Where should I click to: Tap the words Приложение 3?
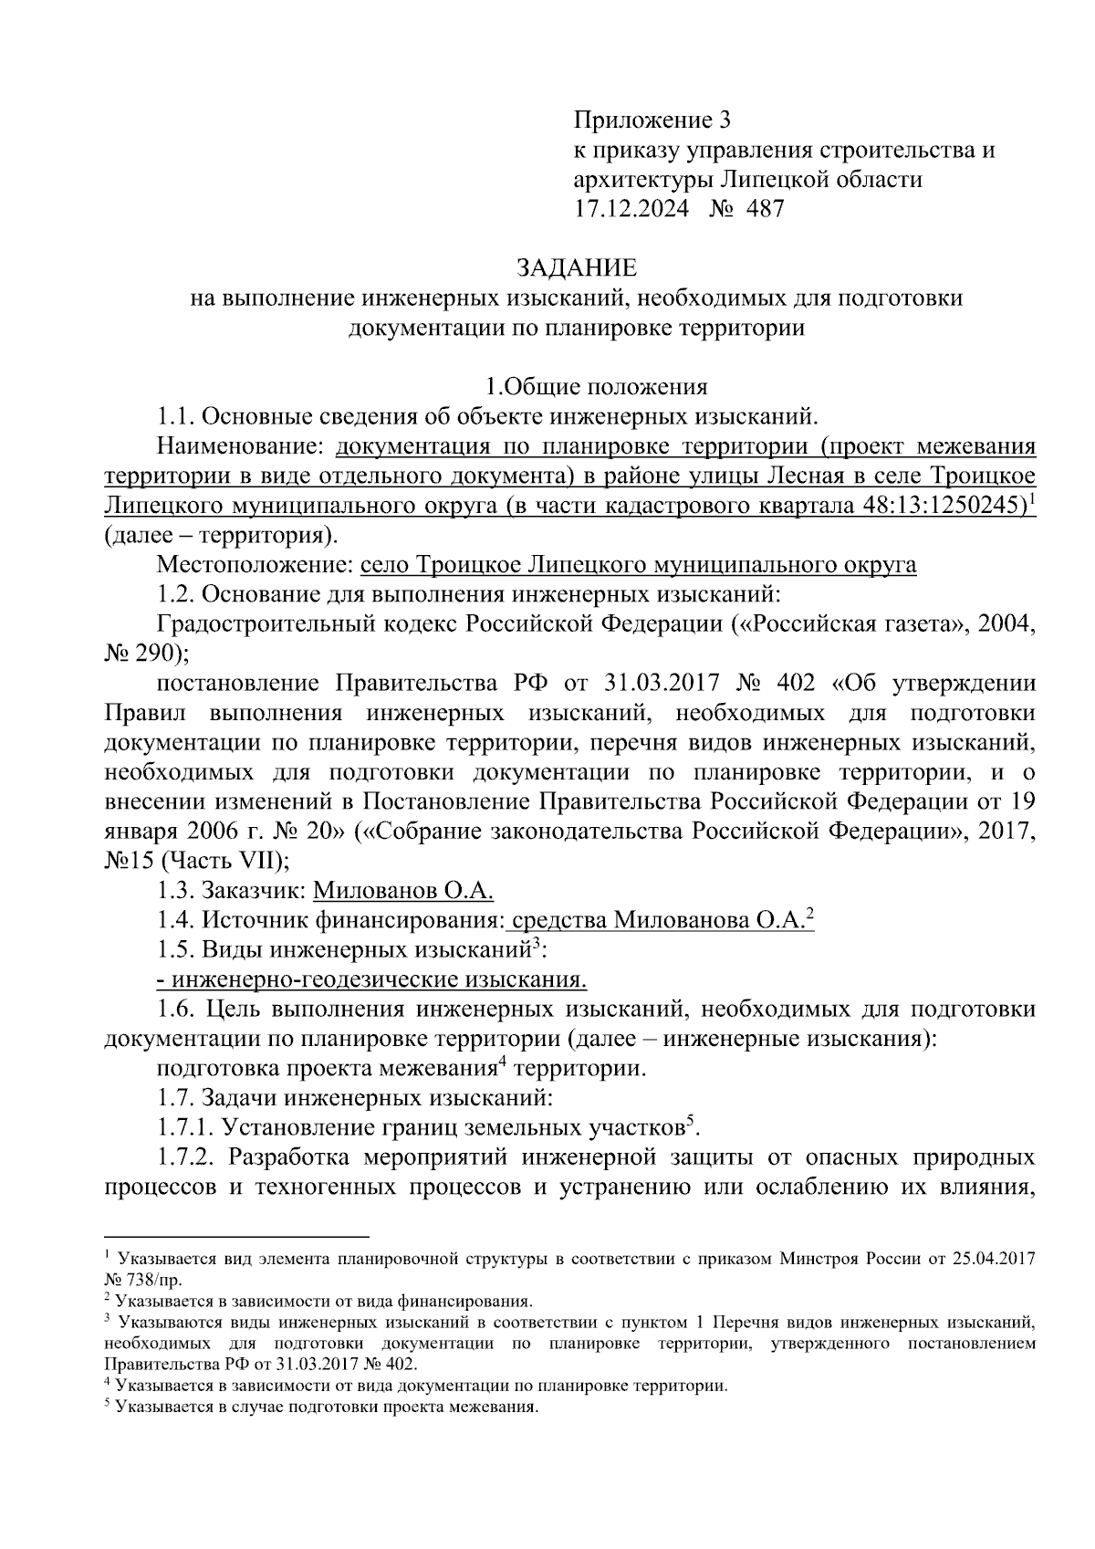(x=652, y=120)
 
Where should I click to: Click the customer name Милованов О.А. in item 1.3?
(x=402, y=891)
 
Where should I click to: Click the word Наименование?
(x=240, y=446)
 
